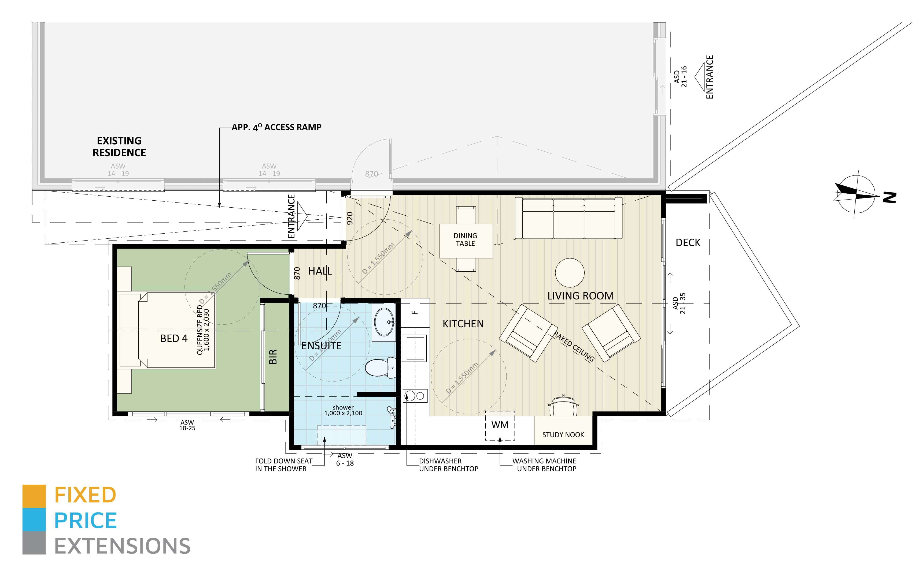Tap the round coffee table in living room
pos(569,272)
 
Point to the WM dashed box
pos(500,425)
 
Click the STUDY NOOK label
pos(563,435)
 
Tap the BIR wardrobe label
pos(273,357)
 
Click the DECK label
pos(688,243)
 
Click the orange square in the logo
pos(34,496)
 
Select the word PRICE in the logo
pos(85,520)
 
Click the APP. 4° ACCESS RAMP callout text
pos(276,127)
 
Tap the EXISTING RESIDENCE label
pos(119,147)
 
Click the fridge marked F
pos(415,313)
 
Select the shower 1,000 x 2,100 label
pos(343,410)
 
